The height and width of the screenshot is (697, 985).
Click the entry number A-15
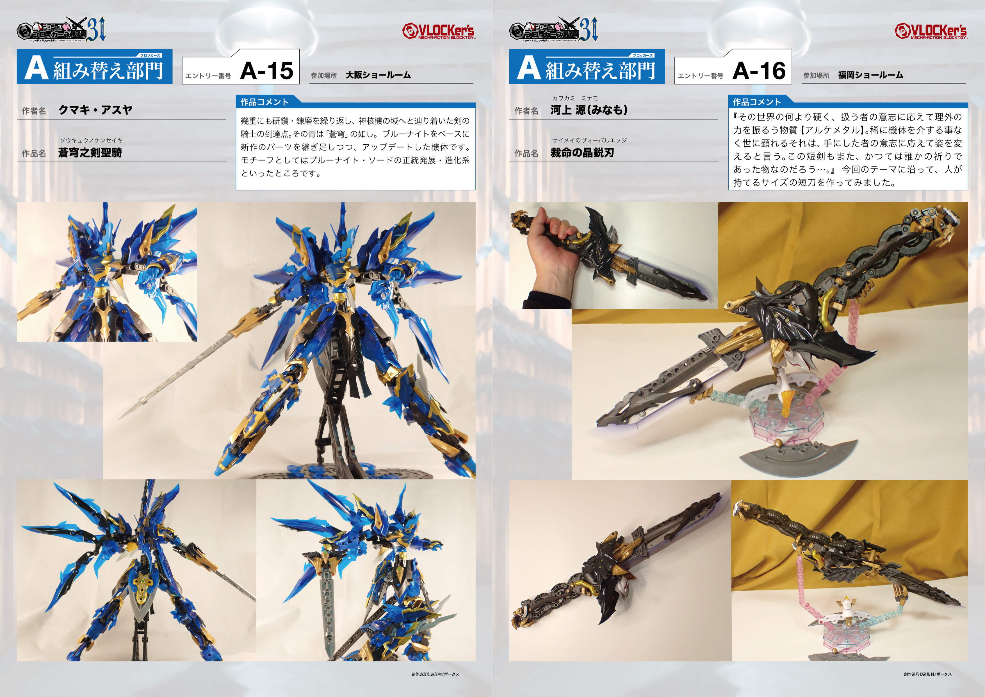click(266, 71)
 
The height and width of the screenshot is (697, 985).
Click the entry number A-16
click(759, 71)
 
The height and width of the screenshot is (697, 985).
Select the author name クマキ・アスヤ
click(95, 110)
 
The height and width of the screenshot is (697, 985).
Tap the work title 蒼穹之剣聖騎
click(90, 153)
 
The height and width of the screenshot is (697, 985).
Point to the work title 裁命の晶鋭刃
click(582, 153)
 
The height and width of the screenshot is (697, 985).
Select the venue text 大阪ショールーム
click(378, 75)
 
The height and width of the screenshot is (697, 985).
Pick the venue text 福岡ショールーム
click(870, 75)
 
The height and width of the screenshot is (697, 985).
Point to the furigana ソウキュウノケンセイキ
click(91, 140)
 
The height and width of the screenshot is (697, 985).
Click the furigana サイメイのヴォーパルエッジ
click(589, 140)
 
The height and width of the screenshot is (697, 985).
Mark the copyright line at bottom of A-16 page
click(927, 674)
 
